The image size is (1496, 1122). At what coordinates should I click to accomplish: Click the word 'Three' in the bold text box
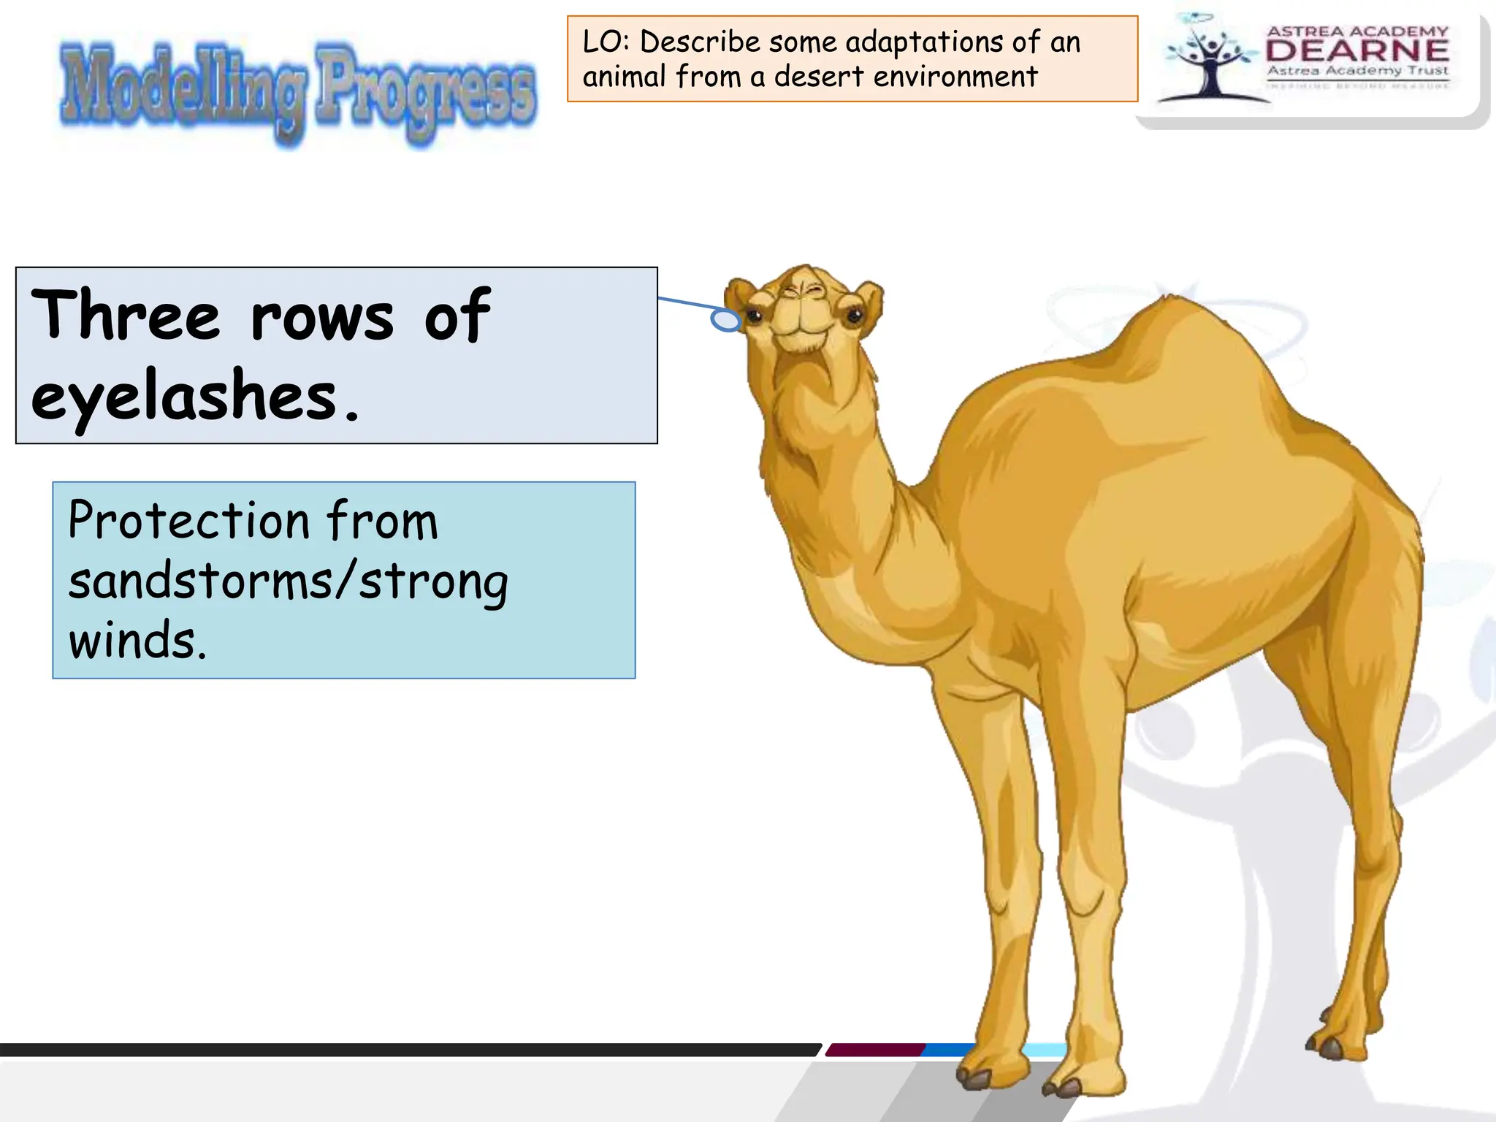click(125, 315)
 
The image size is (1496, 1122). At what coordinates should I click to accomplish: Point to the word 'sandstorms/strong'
click(288, 582)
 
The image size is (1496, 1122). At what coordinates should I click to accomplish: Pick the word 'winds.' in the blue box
click(137, 641)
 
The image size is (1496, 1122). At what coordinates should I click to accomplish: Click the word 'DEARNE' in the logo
click(1357, 50)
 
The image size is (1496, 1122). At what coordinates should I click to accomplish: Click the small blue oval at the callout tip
click(726, 320)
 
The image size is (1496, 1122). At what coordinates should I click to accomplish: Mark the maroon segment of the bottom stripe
click(875, 1050)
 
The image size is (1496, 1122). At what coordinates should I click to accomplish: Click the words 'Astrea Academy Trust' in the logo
click(1357, 71)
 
